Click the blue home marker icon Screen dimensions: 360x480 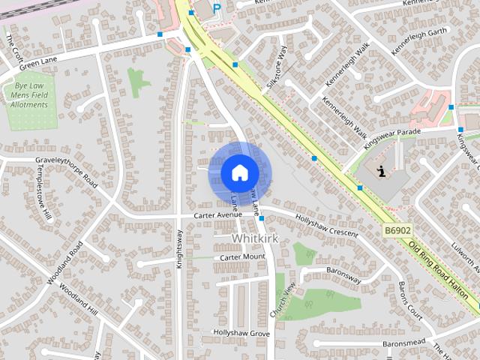point(239,172)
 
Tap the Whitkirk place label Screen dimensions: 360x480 point(256,238)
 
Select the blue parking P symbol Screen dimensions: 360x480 point(217,8)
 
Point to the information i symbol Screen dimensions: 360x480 point(382,171)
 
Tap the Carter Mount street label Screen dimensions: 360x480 point(242,257)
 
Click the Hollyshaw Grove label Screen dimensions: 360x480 point(241,332)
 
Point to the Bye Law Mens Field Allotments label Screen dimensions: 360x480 point(31,95)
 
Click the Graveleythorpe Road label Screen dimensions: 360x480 point(67,171)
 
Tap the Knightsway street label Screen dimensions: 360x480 point(179,248)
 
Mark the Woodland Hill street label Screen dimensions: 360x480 point(79,299)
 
